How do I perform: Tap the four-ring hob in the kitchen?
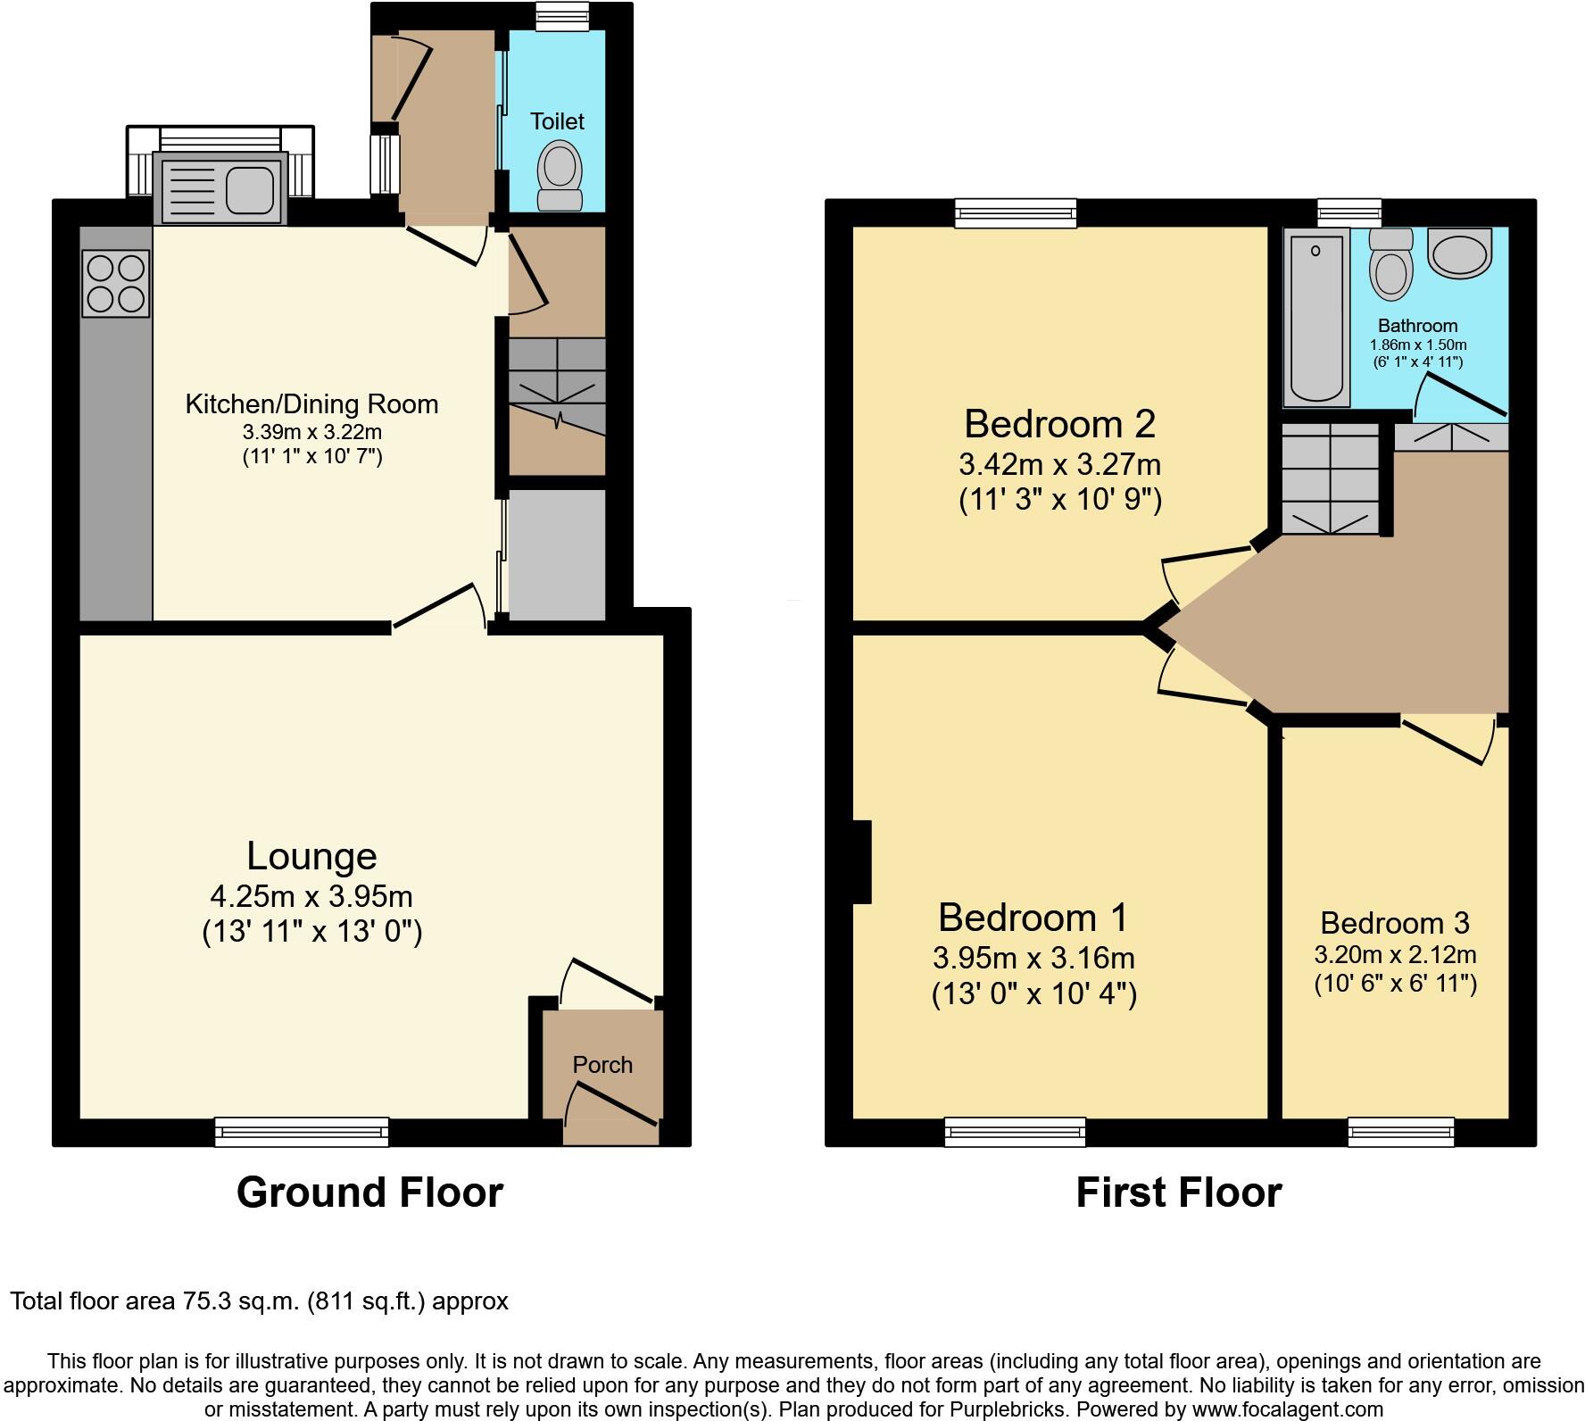click(115, 283)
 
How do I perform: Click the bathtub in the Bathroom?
click(1316, 315)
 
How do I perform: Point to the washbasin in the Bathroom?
click(1459, 251)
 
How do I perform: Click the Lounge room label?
click(311, 857)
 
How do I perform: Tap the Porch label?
click(602, 1065)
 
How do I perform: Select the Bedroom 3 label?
click(1394, 923)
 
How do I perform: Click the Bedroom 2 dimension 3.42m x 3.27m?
click(1059, 465)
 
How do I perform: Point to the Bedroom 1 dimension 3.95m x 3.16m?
click(1033, 959)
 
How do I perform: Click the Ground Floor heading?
click(369, 1192)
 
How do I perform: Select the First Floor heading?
click(1178, 1192)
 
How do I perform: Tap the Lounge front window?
click(302, 1132)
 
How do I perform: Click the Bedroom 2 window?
click(1015, 212)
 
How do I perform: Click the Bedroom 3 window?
click(1400, 1132)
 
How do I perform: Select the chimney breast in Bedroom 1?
click(862, 862)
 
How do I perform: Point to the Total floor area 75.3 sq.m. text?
click(259, 1301)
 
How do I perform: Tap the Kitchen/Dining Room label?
click(311, 404)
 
